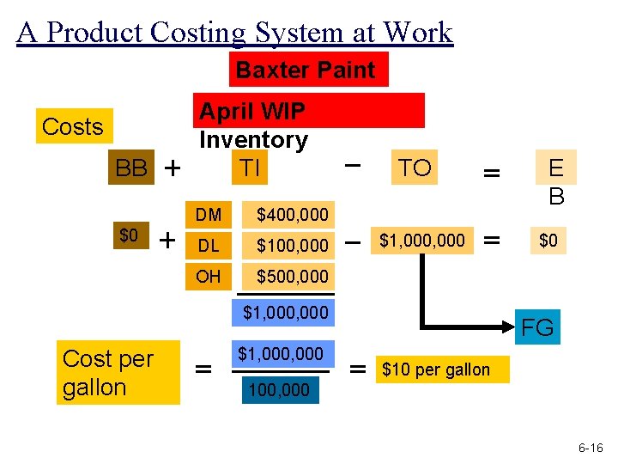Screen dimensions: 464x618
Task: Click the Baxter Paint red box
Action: pyautogui.click(x=306, y=70)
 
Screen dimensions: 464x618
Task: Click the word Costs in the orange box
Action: pyautogui.click(x=72, y=126)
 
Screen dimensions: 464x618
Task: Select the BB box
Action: pyautogui.click(x=131, y=168)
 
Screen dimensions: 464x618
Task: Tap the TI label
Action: pyautogui.click(x=250, y=168)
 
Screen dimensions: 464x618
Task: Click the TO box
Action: pyautogui.click(x=415, y=168)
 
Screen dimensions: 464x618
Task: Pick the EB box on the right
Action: pyautogui.click(x=555, y=180)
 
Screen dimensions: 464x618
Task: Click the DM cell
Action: pyautogui.click(x=208, y=214)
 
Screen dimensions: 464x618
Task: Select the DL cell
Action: pyautogui.click(x=208, y=246)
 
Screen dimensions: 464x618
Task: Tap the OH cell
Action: pyautogui.click(x=208, y=276)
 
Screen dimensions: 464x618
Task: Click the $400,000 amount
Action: pyautogui.click(x=293, y=214)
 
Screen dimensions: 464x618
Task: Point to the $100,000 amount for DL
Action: pyautogui.click(x=293, y=246)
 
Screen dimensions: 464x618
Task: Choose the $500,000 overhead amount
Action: pyautogui.click(x=293, y=276)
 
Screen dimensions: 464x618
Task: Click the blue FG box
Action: pyautogui.click(x=538, y=327)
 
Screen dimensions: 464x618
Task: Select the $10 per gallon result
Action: pyautogui.click(x=436, y=370)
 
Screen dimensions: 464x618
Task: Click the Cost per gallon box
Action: pyautogui.click(x=108, y=372)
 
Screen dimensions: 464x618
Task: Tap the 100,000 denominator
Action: pyautogui.click(x=278, y=390)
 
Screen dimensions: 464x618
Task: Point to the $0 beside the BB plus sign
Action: pyautogui.click(x=129, y=235)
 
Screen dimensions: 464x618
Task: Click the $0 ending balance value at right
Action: pyautogui.click(x=548, y=241)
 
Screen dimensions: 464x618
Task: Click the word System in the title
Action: pyautogui.click(x=290, y=32)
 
